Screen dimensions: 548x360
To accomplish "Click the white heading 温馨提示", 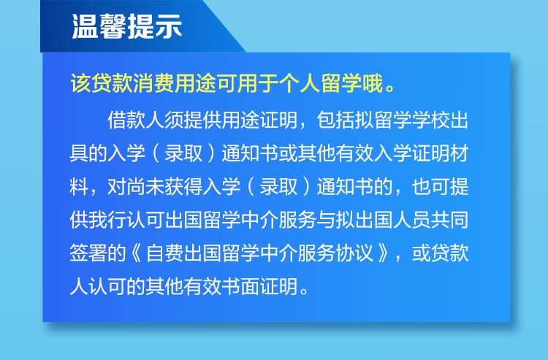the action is tap(126, 26).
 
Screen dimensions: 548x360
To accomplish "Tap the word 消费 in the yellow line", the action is tap(153, 84).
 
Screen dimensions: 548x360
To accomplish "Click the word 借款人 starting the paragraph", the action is tap(136, 120).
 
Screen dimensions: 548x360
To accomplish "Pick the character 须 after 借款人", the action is tap(174, 120).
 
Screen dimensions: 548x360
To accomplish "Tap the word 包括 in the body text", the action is tap(335, 120).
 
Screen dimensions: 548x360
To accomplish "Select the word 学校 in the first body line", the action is tap(430, 120).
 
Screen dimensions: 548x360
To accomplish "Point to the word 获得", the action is tap(183, 187).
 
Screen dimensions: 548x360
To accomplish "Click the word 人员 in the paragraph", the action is tap(411, 221).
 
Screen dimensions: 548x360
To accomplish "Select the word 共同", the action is tap(449, 221).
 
